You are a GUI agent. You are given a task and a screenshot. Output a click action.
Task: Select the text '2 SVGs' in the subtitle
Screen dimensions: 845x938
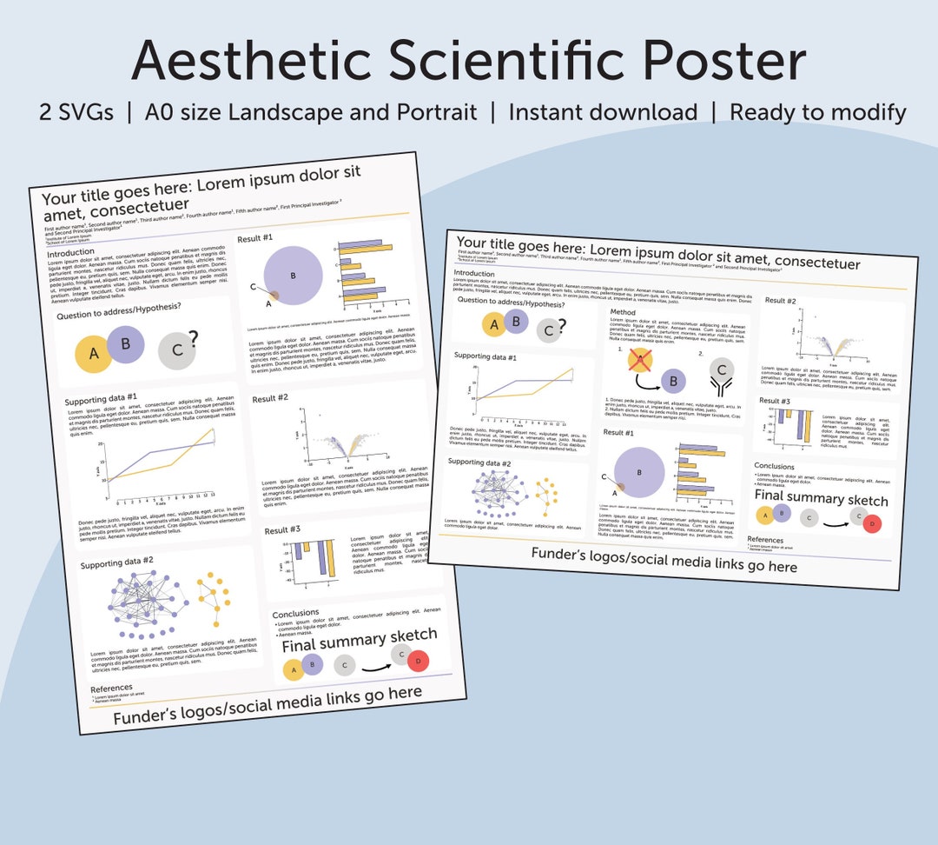click(x=76, y=112)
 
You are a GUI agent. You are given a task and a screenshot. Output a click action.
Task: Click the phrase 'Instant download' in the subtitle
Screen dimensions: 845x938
click(x=603, y=112)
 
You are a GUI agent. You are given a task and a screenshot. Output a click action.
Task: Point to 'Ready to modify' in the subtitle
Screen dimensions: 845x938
click(x=818, y=112)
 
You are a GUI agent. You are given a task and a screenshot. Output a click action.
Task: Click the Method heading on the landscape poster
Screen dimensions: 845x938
click(x=623, y=312)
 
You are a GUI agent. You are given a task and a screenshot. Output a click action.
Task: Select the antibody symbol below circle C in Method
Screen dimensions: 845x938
click(x=721, y=396)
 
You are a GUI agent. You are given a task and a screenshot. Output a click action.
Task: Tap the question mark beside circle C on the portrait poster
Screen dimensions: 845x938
click(x=193, y=337)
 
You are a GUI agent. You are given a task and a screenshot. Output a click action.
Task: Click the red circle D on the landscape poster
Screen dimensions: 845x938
click(x=872, y=523)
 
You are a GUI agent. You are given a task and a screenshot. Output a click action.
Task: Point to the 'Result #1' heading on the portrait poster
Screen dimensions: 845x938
click(x=255, y=237)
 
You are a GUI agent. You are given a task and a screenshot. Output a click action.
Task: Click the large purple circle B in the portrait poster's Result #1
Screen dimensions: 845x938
click(x=294, y=276)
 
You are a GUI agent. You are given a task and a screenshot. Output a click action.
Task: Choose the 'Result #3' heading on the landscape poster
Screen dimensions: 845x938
click(x=775, y=401)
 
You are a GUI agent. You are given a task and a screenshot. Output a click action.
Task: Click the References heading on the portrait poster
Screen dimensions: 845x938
click(x=112, y=689)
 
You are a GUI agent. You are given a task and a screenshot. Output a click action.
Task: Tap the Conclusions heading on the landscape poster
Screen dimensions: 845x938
click(x=774, y=467)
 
